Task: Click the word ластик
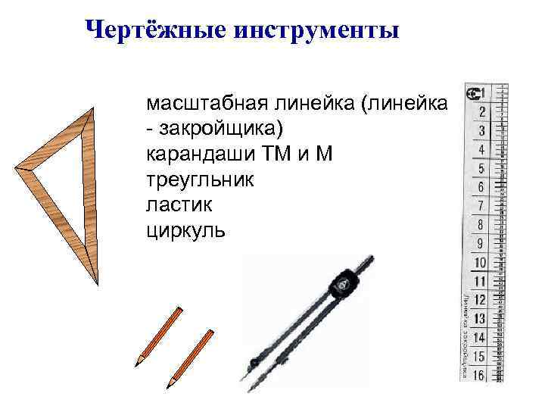tap(173, 205)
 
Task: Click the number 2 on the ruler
tap(481, 112)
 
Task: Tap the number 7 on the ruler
tap(481, 205)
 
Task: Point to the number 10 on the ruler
tap(480, 263)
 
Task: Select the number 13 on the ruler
tap(479, 319)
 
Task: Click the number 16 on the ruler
tap(479, 373)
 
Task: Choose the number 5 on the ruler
tap(481, 168)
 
